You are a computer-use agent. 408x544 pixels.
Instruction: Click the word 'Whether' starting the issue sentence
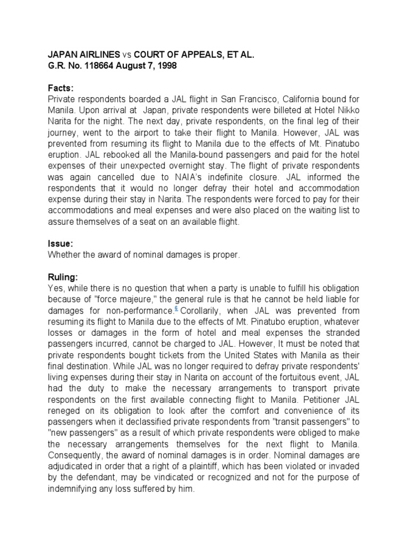pyautogui.click(x=63, y=255)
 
